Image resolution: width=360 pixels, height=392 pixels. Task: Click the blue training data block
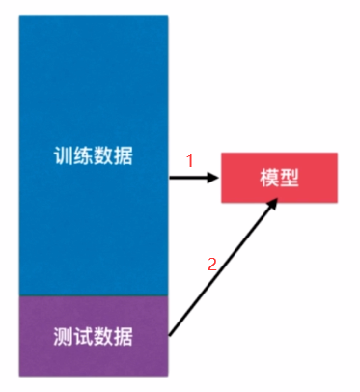click(x=94, y=97)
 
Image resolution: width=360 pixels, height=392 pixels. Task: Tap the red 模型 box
click(x=280, y=178)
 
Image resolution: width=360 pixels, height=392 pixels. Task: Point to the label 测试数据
click(x=94, y=337)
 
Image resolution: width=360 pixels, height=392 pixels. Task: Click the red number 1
click(x=190, y=162)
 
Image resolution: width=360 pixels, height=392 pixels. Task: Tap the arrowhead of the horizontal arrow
click(x=213, y=178)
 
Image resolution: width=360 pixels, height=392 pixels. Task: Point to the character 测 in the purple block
click(x=64, y=337)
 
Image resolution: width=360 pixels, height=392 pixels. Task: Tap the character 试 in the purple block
click(x=84, y=337)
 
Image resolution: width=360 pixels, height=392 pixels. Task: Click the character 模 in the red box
click(x=269, y=178)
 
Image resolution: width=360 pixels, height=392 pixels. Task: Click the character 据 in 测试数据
click(x=125, y=337)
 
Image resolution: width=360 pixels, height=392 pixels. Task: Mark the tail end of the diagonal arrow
click(x=171, y=334)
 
